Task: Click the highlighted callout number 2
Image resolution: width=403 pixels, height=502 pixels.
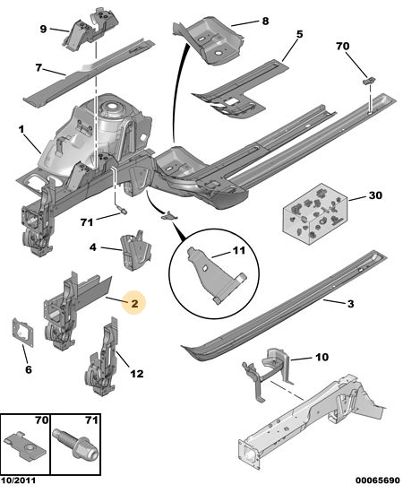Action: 134,303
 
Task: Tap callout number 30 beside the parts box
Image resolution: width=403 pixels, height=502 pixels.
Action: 375,195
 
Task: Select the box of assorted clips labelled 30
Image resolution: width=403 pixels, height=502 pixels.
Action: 314,214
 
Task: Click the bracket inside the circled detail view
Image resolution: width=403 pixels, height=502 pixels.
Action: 216,275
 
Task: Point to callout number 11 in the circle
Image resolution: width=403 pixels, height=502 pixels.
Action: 238,250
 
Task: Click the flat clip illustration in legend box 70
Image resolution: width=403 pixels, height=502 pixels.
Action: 26,446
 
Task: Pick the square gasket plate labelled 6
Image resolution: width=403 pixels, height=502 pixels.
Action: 23,332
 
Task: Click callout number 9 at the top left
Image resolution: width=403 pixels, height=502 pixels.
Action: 43,29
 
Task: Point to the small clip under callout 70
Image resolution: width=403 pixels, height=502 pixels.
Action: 369,81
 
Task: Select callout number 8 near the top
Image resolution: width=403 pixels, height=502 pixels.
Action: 265,22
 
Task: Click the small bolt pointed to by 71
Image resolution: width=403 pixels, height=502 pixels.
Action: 123,211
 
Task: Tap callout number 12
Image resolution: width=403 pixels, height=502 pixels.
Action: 137,373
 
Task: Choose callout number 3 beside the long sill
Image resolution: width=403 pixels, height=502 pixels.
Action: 350,304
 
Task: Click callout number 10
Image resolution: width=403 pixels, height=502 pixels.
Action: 322,357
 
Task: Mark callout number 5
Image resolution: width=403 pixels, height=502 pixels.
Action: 299,34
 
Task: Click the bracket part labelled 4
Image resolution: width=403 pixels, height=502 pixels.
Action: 135,250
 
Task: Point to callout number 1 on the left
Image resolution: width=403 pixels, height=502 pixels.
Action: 21,130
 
